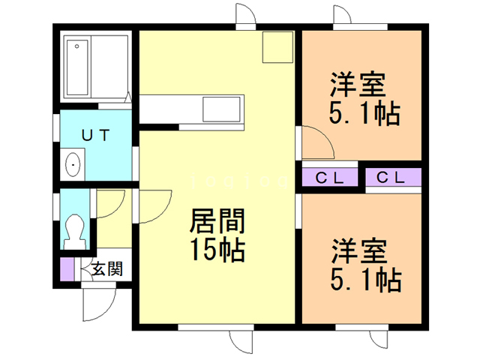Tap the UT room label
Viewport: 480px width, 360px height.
pyautogui.click(x=96, y=135)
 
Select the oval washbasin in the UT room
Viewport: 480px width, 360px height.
pyautogui.click(x=73, y=164)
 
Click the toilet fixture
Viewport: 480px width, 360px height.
pyautogui.click(x=74, y=230)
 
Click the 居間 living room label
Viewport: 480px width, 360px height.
pyautogui.click(x=216, y=222)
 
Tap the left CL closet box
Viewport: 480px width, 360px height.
pyautogui.click(x=328, y=178)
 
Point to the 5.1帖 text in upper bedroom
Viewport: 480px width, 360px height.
pyautogui.click(x=364, y=114)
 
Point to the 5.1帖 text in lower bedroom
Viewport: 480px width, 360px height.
pyautogui.click(x=365, y=280)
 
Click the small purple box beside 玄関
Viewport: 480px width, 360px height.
pyautogui.click(x=67, y=269)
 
